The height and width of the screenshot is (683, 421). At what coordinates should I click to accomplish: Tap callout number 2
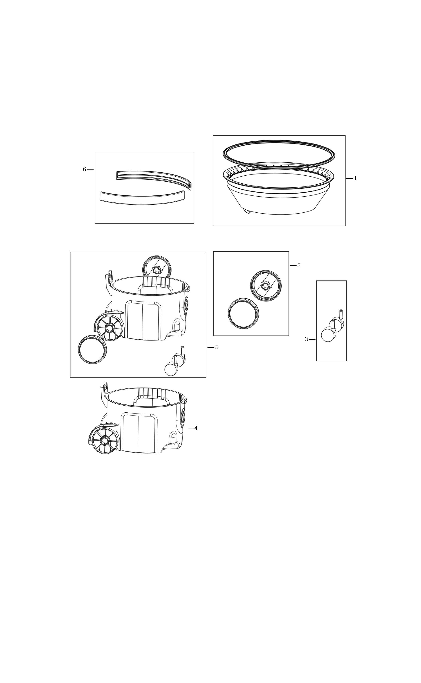point(299,265)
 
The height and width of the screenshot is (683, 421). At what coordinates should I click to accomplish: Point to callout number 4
point(196,428)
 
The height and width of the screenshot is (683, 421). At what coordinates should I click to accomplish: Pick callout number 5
point(217,347)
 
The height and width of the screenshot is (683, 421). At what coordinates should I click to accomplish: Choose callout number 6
point(84,169)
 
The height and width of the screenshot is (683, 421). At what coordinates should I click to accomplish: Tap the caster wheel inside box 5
point(175,361)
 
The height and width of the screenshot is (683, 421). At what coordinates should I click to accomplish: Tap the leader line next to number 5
point(211,347)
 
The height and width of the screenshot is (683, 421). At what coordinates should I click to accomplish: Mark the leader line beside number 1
point(349,178)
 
